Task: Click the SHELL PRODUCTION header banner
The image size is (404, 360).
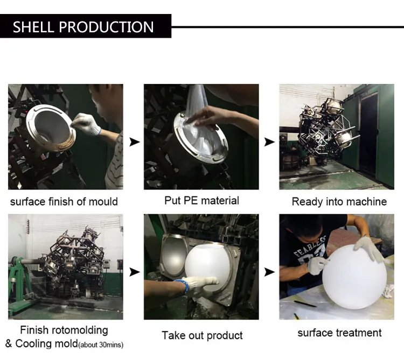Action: (x=83, y=27)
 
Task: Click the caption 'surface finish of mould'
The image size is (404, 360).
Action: (x=64, y=202)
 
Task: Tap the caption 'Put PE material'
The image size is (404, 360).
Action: (x=201, y=201)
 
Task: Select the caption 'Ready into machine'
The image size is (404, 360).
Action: (x=339, y=202)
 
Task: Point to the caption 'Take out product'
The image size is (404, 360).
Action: (x=202, y=335)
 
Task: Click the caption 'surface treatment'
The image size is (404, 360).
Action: (x=339, y=333)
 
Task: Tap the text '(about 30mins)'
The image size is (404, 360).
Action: (x=104, y=344)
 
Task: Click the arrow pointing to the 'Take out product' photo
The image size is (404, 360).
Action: (x=134, y=272)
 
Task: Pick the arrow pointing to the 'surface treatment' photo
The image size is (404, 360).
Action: (x=269, y=272)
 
